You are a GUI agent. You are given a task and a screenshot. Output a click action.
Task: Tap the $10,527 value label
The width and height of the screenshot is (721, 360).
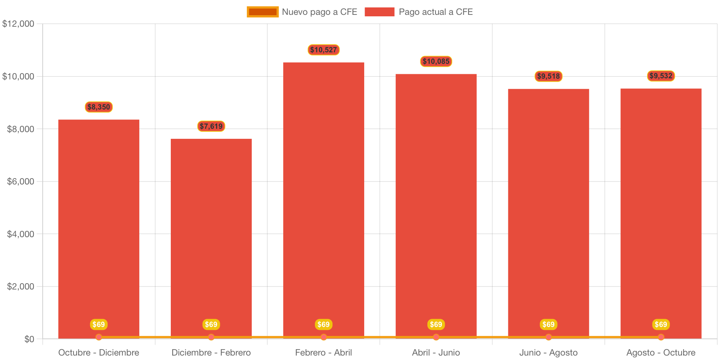point(323,50)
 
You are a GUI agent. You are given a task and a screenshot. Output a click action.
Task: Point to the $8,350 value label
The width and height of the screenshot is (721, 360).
point(99,107)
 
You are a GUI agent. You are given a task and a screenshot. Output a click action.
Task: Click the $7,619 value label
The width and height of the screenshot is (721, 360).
point(211,126)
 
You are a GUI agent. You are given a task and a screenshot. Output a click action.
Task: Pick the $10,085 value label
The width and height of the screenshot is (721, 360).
point(436,61)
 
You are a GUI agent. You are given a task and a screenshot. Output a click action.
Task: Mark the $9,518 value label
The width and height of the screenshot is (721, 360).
point(548,76)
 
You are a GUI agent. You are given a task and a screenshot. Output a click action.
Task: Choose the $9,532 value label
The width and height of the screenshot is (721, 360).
point(661,76)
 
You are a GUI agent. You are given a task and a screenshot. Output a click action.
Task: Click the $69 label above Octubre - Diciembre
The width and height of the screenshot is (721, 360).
point(99,324)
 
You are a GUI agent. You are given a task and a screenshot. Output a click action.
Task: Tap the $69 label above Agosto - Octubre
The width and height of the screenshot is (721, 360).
point(661,324)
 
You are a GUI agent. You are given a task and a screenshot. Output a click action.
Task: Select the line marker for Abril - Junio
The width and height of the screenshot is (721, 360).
point(436,337)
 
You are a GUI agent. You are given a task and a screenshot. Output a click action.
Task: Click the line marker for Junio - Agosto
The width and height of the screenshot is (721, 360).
point(548,337)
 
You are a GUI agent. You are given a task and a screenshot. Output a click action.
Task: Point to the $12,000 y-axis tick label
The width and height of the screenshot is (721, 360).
point(18,24)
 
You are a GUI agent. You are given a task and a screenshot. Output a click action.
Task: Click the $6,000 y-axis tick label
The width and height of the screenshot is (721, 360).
point(20,181)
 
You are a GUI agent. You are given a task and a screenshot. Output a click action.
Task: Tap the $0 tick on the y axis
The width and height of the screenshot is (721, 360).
point(29,339)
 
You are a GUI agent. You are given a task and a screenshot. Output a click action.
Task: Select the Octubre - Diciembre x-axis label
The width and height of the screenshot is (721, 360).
point(99,353)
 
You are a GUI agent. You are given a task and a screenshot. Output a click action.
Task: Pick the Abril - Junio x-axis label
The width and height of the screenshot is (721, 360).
point(436,353)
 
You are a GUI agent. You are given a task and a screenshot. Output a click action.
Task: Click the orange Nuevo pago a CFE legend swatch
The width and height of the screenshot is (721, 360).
point(262,12)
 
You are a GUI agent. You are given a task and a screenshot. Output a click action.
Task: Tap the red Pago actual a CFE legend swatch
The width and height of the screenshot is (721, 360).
point(379,12)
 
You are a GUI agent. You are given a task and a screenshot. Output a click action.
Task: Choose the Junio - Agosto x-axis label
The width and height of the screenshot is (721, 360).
point(548,353)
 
